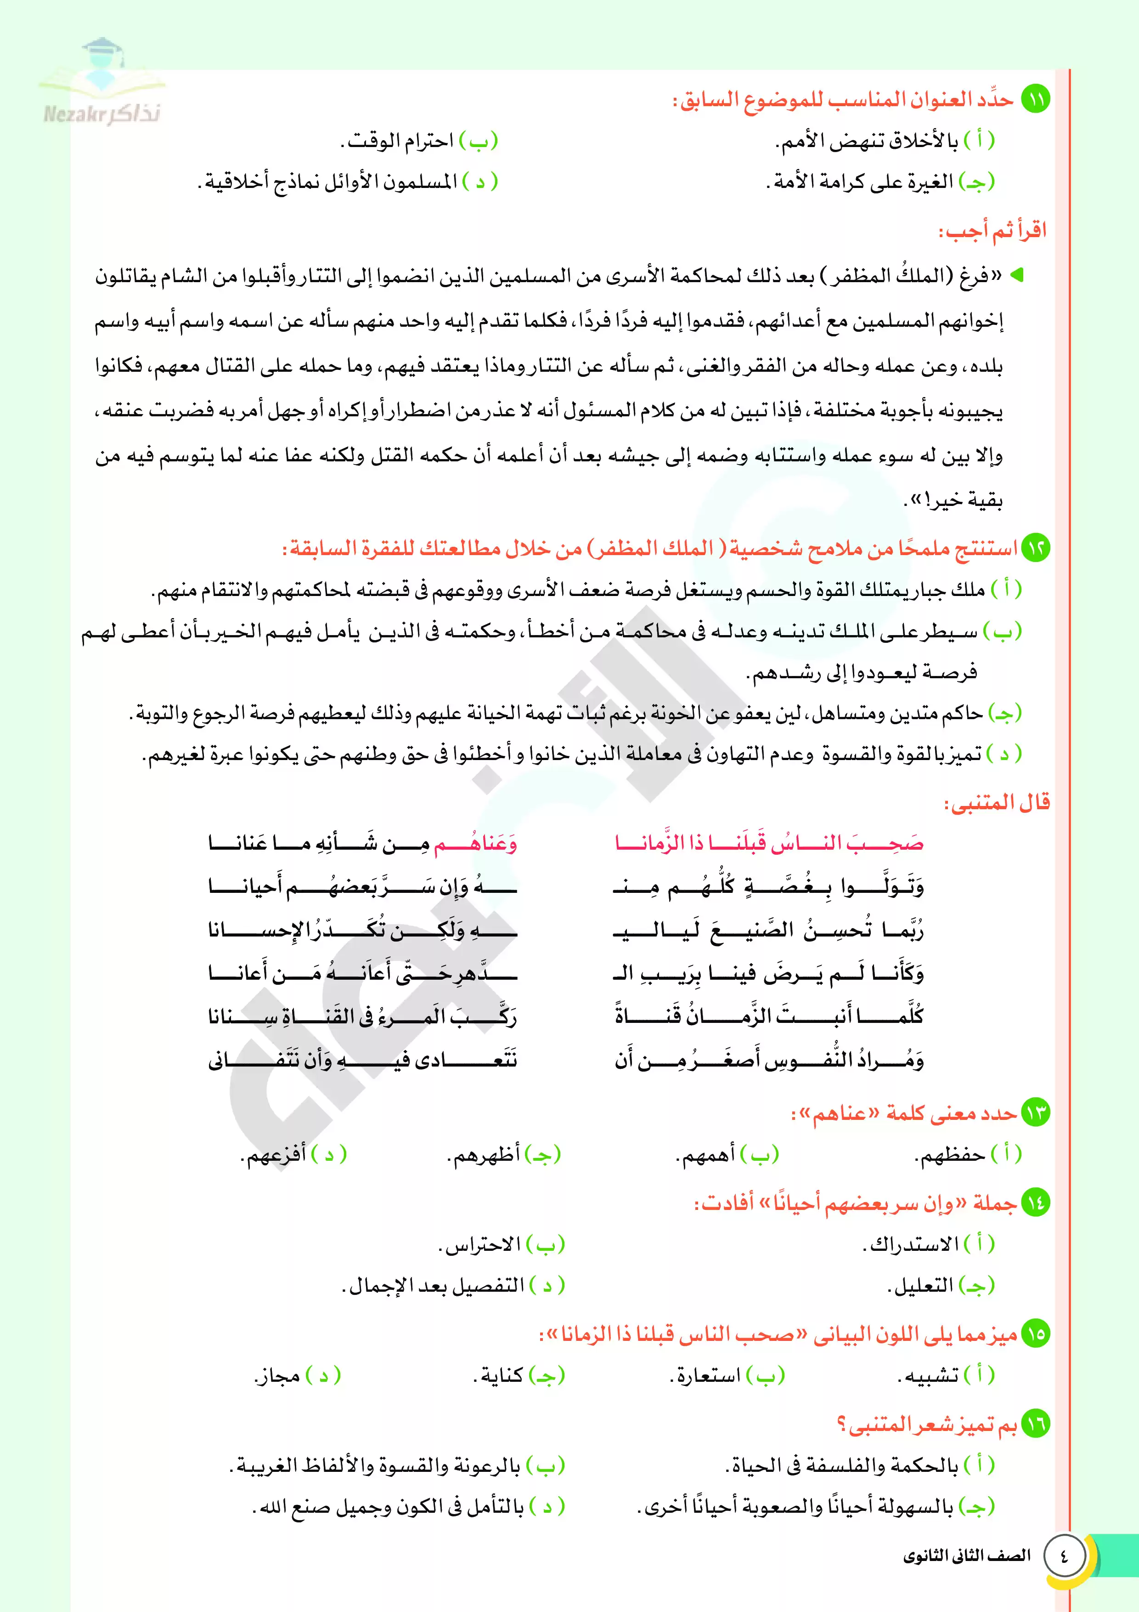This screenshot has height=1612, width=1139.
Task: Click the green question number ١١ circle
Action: pyautogui.click(x=1035, y=100)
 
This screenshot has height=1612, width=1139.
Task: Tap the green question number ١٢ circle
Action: pyautogui.click(x=1035, y=548)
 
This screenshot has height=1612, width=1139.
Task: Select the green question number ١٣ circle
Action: pyautogui.click(x=1035, y=1113)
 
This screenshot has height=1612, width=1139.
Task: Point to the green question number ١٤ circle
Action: pyautogui.click(x=1035, y=1203)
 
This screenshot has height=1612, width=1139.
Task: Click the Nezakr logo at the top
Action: pyautogui.click(x=102, y=84)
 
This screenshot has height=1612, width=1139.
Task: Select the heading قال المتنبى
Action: pyautogui.click(x=997, y=802)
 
